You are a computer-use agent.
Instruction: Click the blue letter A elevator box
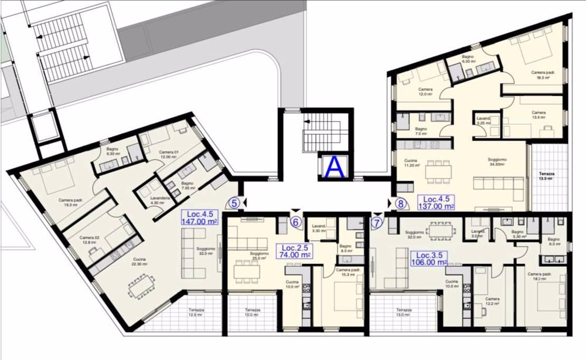[x=335, y=167]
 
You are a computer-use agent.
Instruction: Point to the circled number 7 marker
[x=377, y=222]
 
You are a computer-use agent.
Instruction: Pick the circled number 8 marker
[x=401, y=203]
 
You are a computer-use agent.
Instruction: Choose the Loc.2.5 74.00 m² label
[x=295, y=251]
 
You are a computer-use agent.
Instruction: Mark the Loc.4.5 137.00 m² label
[x=436, y=202]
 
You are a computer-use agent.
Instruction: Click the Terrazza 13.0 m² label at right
[x=548, y=176]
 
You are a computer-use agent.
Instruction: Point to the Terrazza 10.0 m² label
[x=251, y=313]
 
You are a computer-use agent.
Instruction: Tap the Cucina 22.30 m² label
[x=139, y=262]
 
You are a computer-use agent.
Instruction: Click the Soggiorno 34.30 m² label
[x=497, y=162]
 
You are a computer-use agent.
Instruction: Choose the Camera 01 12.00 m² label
[x=168, y=155]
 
